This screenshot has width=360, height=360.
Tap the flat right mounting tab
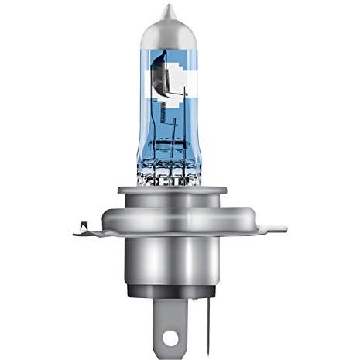click(x=271, y=228)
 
